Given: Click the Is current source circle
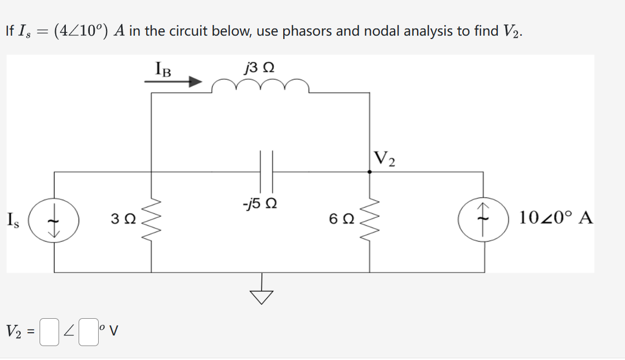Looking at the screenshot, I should [54, 222].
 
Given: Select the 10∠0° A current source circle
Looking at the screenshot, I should [483, 222].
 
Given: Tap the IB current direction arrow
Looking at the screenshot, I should [173, 82].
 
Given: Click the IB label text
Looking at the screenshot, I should [163, 69].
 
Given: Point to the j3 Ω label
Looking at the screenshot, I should [259, 68].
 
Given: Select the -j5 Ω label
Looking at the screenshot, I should [260, 202].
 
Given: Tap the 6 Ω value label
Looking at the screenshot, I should [341, 220].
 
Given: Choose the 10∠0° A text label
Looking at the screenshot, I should [555, 217].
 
